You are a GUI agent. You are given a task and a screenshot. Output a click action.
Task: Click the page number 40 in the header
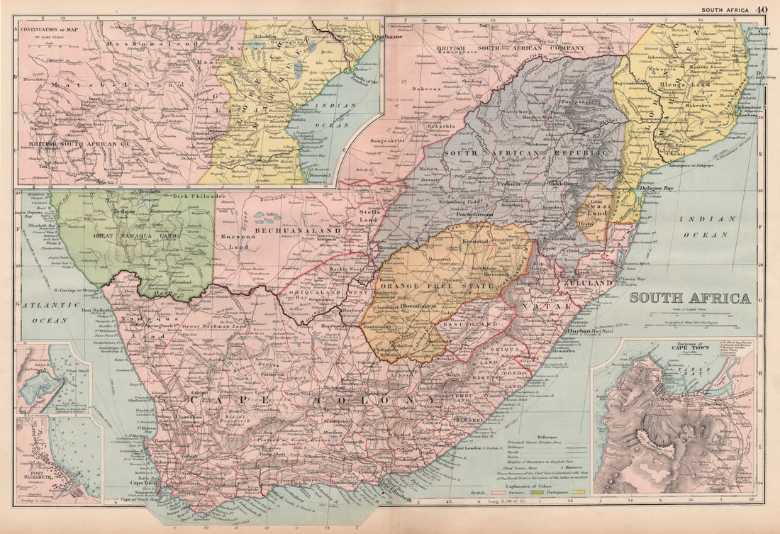(761, 9)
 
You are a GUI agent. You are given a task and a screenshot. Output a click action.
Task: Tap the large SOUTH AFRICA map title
(690, 298)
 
